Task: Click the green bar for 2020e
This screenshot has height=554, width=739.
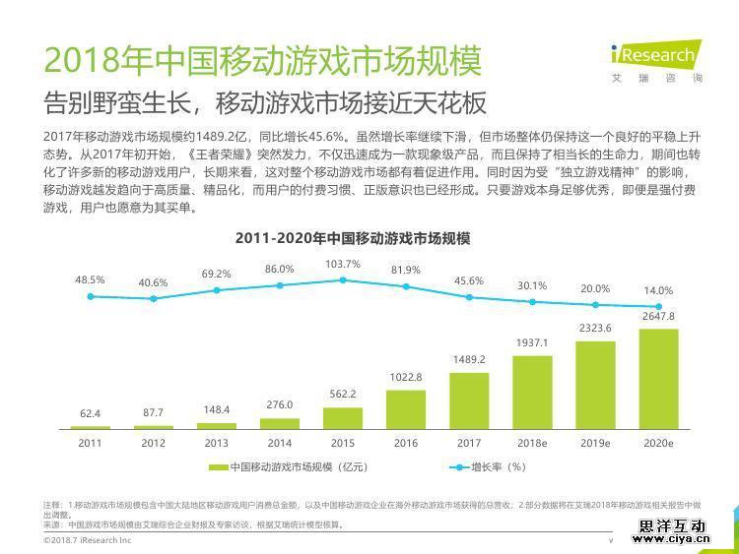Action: click(658, 379)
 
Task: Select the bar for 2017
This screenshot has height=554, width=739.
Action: click(469, 400)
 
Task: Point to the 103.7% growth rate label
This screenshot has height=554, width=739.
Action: click(343, 265)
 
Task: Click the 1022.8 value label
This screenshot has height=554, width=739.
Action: click(406, 377)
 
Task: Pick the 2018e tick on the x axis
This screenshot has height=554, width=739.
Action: click(532, 443)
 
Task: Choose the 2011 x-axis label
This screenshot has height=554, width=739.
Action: click(90, 443)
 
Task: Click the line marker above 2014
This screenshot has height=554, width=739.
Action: click(280, 285)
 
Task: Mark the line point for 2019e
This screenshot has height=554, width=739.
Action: click(595, 304)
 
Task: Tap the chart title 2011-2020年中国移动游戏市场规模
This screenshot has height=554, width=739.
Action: click(353, 239)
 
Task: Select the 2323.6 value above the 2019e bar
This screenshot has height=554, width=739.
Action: click(595, 328)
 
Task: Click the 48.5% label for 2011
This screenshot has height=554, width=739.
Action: click(90, 280)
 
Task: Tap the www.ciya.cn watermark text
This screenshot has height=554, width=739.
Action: click(674, 537)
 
